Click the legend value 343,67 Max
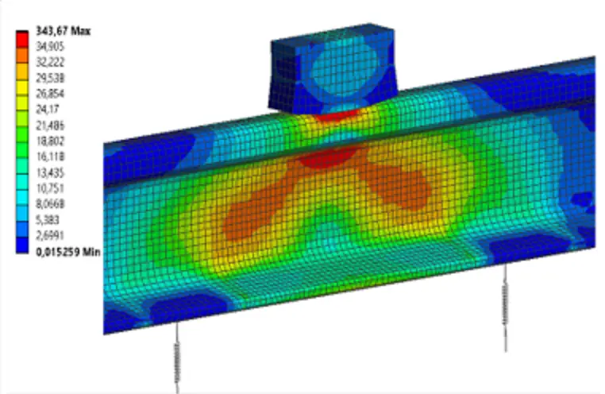tap(64, 31)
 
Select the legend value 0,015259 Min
tap(68, 252)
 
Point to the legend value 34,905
tap(50, 47)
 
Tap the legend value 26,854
tap(50, 94)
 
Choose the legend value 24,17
tap(48, 109)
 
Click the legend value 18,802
tap(50, 141)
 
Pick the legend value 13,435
tap(50, 172)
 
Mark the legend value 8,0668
tap(50, 204)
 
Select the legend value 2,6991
tap(50, 235)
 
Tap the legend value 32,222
tap(50, 62)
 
